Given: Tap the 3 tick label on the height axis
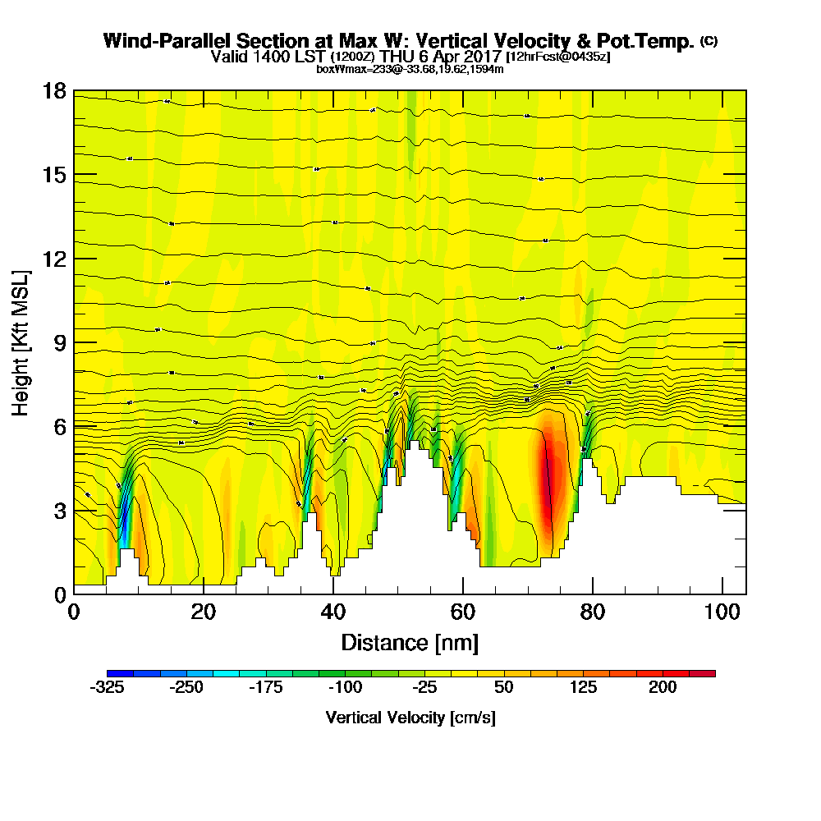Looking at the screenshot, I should click(x=59, y=511).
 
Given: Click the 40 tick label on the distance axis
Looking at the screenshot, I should click(x=333, y=612).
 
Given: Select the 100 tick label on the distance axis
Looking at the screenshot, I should click(x=722, y=612).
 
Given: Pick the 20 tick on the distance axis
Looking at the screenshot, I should click(x=204, y=594).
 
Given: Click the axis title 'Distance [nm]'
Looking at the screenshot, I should click(x=410, y=642).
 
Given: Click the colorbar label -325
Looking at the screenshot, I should click(x=107, y=687).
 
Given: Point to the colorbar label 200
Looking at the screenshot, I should click(x=663, y=687).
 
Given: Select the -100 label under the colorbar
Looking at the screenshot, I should click(x=346, y=687).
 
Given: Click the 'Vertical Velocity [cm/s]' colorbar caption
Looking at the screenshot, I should click(x=410, y=718).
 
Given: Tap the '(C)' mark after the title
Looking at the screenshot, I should click(x=709, y=41).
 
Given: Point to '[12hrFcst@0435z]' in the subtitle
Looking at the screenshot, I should click(x=558, y=57).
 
